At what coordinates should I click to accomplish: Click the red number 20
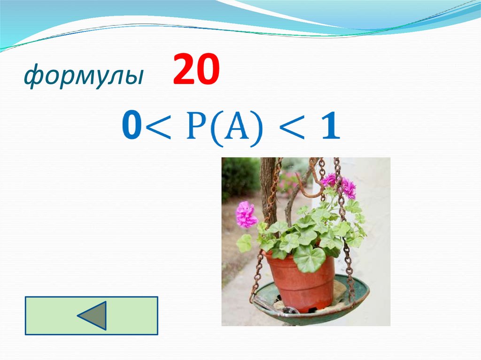196,70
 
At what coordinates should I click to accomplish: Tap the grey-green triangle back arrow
93,315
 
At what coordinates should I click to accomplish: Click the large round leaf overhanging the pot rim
310,258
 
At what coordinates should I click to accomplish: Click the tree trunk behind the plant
268,188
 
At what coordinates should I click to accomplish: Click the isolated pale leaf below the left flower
244,243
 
